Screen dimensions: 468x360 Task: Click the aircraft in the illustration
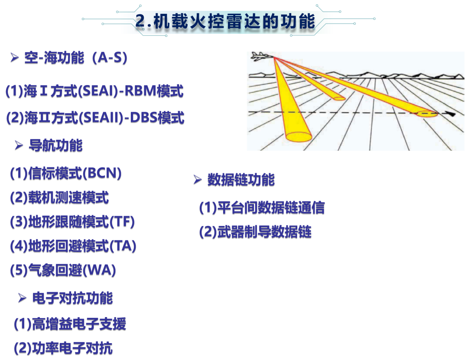[x=262, y=56]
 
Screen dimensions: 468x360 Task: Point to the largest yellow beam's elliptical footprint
[x=299, y=137]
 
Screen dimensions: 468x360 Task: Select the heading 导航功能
[x=55, y=145]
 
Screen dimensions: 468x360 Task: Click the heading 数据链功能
[x=241, y=180]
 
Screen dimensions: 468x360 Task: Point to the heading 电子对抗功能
[x=72, y=298]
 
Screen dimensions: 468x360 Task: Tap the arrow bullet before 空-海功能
[x=15, y=57]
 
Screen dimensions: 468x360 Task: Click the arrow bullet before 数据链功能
[x=198, y=180]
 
